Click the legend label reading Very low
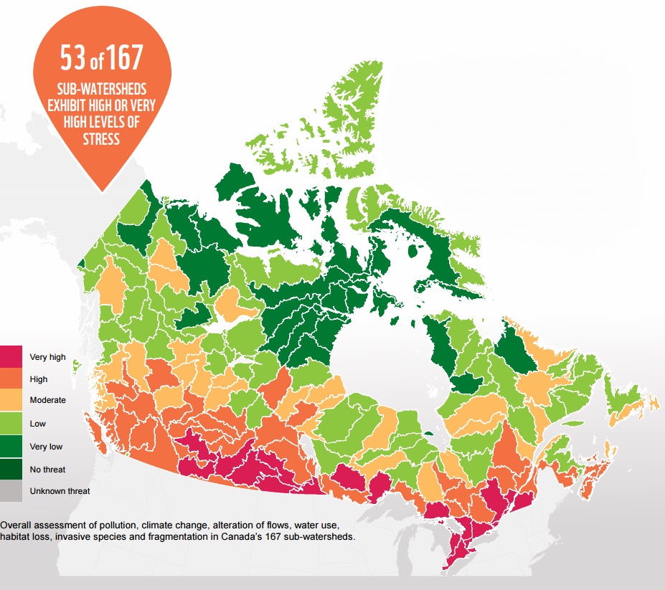(46, 447)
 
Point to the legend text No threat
(47, 469)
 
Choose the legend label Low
(37, 424)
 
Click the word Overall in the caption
(17, 524)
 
